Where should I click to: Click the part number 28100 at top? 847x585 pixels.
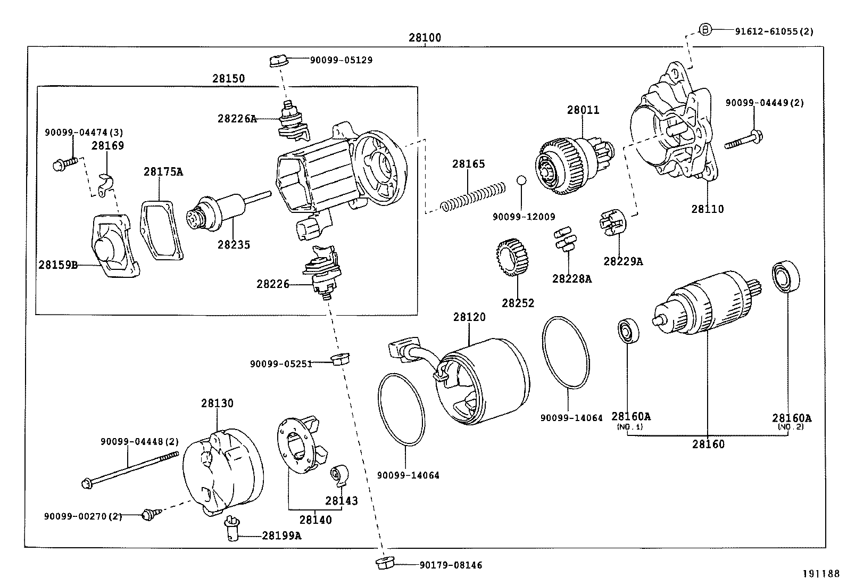pos(425,38)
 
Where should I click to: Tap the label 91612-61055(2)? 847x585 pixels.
pos(774,31)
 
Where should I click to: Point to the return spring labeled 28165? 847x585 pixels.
pos(472,196)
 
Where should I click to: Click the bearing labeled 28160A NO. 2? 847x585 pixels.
pos(785,277)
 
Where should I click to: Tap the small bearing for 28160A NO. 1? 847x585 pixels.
pos(628,332)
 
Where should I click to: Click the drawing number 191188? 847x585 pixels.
pos(820,574)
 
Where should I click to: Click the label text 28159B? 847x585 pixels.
pos(57,264)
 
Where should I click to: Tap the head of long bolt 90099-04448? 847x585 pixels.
pos(86,483)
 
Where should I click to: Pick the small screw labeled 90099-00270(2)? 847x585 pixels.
pos(148,515)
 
